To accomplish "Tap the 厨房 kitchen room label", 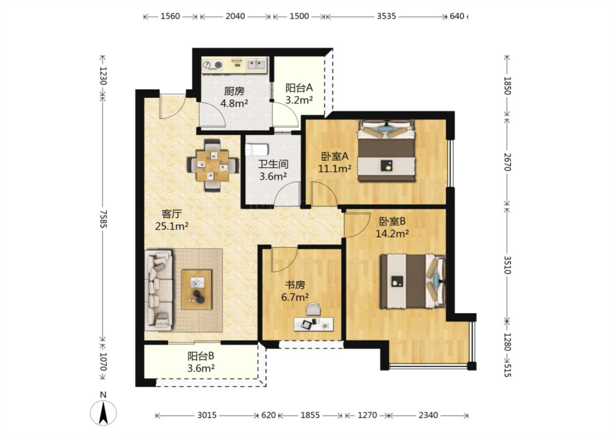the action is (x=234, y=91).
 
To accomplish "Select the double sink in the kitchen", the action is (x=256, y=65).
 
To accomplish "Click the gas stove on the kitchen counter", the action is (x=212, y=65).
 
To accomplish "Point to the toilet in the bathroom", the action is (x=257, y=150).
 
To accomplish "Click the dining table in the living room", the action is (x=212, y=166).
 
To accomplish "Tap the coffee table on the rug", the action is (x=197, y=289).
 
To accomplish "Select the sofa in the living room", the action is (x=159, y=290).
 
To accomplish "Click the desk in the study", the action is (x=314, y=324).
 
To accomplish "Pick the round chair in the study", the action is (x=314, y=310).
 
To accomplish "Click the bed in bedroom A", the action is (x=386, y=151).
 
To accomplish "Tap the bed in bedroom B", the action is (x=413, y=282).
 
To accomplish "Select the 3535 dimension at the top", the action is (x=386, y=16).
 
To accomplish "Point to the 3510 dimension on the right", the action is (x=507, y=265).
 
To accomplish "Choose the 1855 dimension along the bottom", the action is (x=310, y=415).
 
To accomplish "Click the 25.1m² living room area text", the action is (x=172, y=226).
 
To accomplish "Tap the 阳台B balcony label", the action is (x=201, y=356).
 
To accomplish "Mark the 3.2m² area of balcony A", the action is (x=299, y=100).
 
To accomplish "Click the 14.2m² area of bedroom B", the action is (x=392, y=234).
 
